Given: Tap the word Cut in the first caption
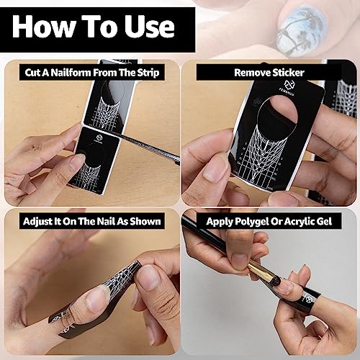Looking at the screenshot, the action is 32,73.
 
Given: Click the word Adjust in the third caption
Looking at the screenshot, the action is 37,221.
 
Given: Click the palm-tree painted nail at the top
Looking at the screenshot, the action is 302,30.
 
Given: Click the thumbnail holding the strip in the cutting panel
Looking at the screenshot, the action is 78,161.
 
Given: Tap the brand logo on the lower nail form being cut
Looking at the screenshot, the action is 99,139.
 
